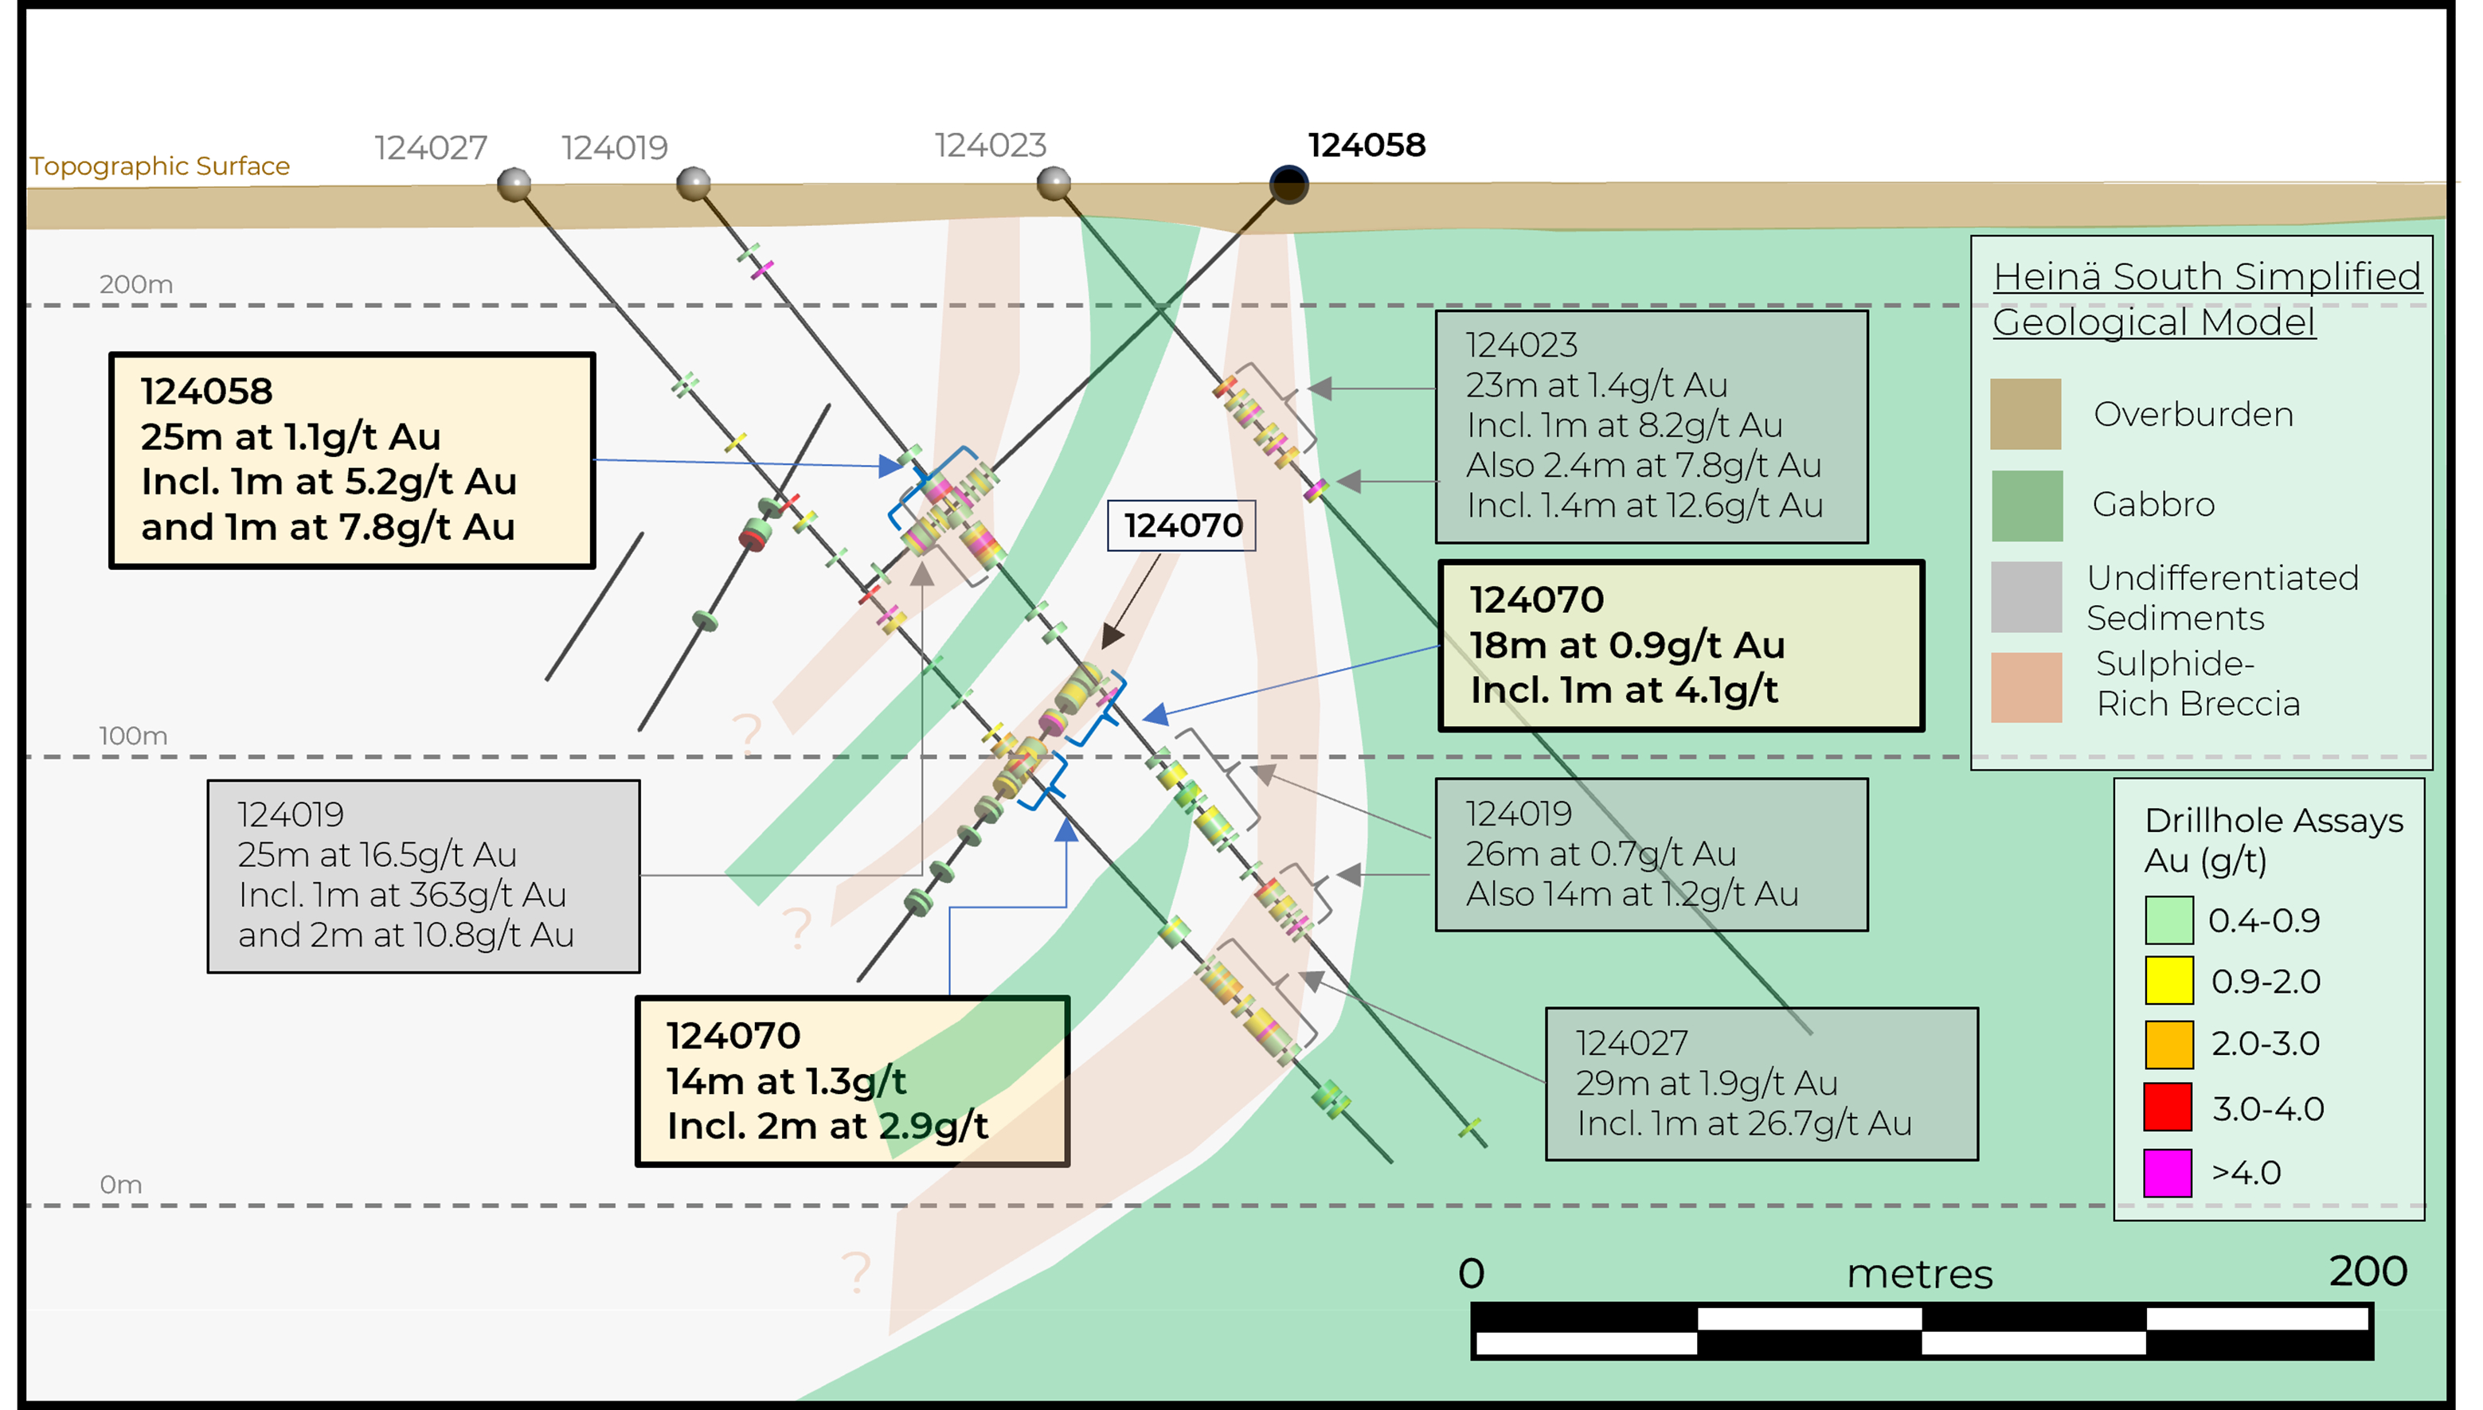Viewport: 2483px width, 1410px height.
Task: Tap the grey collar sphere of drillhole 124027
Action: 514,183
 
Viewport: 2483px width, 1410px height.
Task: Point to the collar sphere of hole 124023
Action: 1054,182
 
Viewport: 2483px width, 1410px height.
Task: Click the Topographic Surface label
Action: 160,166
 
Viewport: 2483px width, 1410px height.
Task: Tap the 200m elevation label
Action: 135,285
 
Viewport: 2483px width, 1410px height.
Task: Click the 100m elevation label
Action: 133,736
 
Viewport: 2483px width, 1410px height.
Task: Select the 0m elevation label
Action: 121,1185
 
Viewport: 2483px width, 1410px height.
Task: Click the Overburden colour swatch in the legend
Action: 2025,415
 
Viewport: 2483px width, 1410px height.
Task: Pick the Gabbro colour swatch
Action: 2026,506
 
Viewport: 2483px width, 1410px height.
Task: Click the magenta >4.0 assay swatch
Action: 2168,1173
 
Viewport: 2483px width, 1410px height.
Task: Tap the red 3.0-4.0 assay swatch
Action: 2168,1108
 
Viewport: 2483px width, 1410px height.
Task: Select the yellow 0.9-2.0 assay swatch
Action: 2168,981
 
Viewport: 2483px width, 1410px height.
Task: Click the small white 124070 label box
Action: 1182,525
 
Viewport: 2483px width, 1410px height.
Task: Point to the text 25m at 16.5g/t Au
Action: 377,855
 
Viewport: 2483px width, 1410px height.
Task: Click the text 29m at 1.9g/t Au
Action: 1707,1083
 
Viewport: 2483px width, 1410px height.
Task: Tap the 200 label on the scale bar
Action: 2367,1271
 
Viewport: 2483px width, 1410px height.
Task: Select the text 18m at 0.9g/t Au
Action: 1627,645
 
